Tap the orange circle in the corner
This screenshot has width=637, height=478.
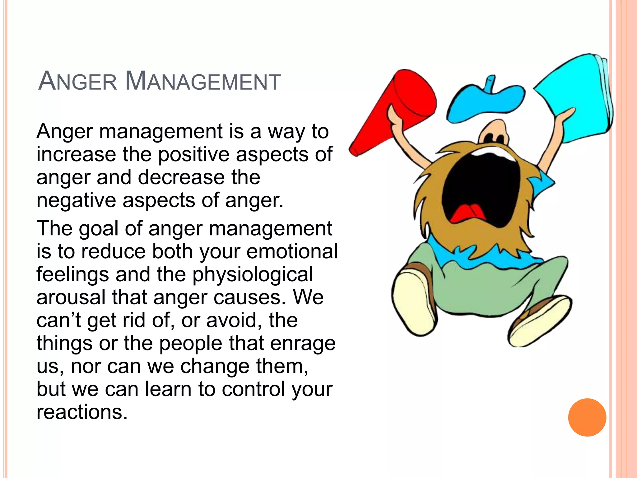click(x=587, y=417)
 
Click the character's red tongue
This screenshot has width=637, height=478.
click(x=467, y=213)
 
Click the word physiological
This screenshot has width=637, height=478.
click(x=253, y=275)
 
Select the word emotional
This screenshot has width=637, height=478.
click(x=292, y=251)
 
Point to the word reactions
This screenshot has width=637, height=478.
click(x=82, y=412)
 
